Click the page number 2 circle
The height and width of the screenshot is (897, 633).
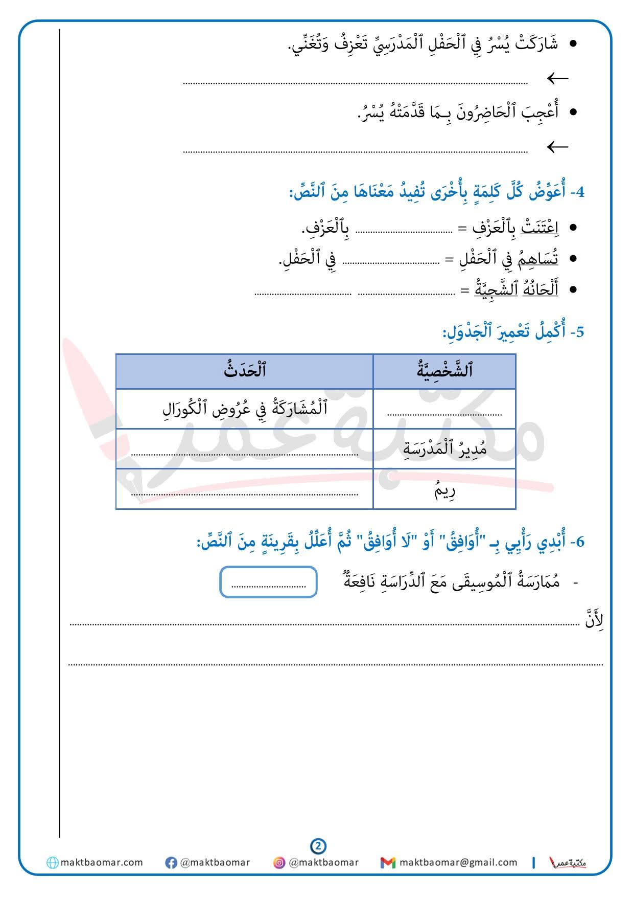pyautogui.click(x=318, y=846)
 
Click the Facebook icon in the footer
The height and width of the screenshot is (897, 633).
pyautogui.click(x=171, y=863)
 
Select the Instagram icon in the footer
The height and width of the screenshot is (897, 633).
pyautogui.click(x=279, y=863)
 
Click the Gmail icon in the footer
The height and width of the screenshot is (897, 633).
pyautogui.click(x=388, y=863)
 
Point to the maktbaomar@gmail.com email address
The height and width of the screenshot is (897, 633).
pyautogui.click(x=458, y=862)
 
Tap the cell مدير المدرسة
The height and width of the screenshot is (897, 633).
pyautogui.click(x=444, y=449)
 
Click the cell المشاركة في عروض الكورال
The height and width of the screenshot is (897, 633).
pyautogui.click(x=245, y=409)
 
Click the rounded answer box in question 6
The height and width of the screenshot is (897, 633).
pyautogui.click(x=268, y=582)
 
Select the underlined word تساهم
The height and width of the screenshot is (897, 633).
pyautogui.click(x=542, y=259)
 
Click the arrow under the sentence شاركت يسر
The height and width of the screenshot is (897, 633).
pyautogui.click(x=557, y=79)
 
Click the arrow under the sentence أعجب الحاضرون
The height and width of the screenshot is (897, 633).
pyautogui.click(x=557, y=147)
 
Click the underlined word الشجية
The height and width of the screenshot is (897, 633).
pyautogui.click(x=489, y=290)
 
